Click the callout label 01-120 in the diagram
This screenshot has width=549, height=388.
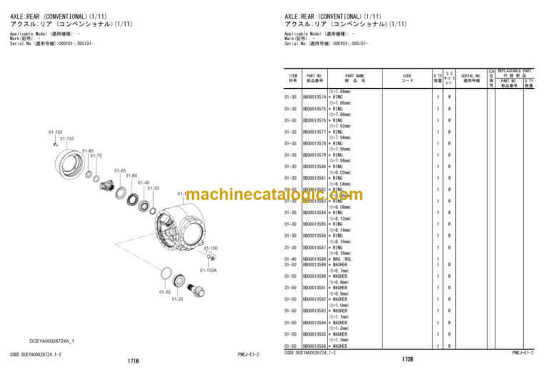(56, 132)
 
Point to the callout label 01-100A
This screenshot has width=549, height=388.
(208, 270)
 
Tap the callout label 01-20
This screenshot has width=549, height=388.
(177, 299)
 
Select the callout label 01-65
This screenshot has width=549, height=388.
(119, 170)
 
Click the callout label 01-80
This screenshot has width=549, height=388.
(87, 150)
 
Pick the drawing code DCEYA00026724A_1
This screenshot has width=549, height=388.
(52, 340)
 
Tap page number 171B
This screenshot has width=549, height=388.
(133, 362)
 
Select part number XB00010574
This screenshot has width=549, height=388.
(315, 97)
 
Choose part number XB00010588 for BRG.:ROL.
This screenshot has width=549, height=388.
(315, 258)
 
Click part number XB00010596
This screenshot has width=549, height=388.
(315, 346)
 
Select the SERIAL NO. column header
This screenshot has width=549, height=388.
(470, 78)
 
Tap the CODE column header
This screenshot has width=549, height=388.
(407, 78)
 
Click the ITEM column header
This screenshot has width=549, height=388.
(292, 78)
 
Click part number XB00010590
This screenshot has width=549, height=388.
(315, 276)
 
